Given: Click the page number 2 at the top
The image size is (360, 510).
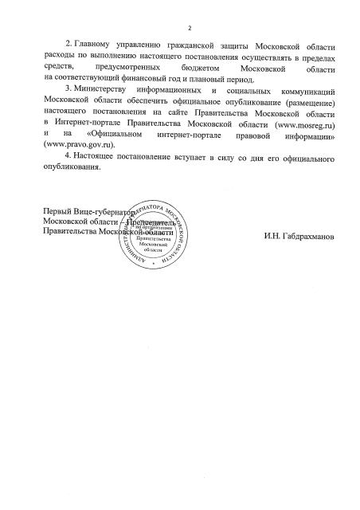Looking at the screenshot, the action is coord(179,29).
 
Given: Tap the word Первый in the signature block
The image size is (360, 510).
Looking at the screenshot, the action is coord(58,212).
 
